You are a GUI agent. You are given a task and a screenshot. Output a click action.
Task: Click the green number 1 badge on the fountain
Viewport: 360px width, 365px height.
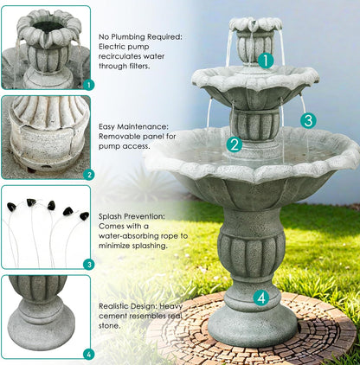pyautogui.click(x=266, y=61)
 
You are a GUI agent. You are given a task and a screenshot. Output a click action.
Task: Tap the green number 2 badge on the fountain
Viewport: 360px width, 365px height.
pyautogui.click(x=234, y=144)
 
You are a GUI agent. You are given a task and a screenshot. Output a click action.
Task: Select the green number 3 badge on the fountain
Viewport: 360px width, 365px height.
pyautogui.click(x=308, y=120)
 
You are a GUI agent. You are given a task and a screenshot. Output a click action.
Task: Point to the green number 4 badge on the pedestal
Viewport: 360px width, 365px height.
pyautogui.click(x=261, y=298)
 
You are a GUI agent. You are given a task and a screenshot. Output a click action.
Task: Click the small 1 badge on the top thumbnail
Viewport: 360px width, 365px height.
pyautogui.click(x=87, y=86)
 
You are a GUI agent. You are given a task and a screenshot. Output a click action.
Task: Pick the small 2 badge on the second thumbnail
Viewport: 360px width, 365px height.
pyautogui.click(x=87, y=175)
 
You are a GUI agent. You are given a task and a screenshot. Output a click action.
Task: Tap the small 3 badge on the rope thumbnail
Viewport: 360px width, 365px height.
pyautogui.click(x=87, y=265)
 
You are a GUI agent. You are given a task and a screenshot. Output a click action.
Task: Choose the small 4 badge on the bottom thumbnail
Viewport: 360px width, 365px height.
pyautogui.click(x=87, y=354)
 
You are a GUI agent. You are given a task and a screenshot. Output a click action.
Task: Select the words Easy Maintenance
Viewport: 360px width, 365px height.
pyautogui.click(x=133, y=126)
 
